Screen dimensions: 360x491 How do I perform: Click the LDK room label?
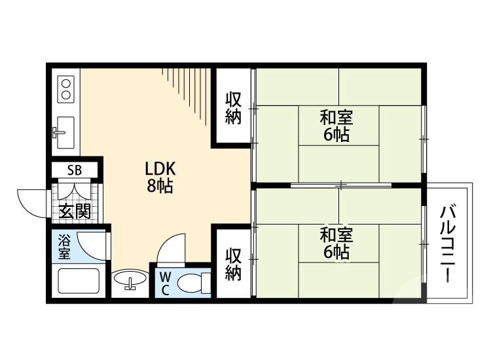point(160,169)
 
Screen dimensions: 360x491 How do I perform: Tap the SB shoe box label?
point(74,171)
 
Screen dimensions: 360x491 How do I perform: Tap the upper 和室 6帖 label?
point(336,126)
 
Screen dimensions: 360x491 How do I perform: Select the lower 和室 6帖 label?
point(336,242)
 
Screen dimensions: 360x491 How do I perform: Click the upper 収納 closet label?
point(233,108)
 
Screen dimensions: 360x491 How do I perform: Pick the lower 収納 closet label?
point(233,263)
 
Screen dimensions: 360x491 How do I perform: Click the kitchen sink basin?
point(65,128)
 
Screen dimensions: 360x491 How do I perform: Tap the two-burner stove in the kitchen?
point(65,88)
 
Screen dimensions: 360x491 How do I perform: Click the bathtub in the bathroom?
point(79,281)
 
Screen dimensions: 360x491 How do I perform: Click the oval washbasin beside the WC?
point(130,281)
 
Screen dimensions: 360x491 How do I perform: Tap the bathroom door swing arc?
point(90,245)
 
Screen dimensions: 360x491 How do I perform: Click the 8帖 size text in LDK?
point(160,186)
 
